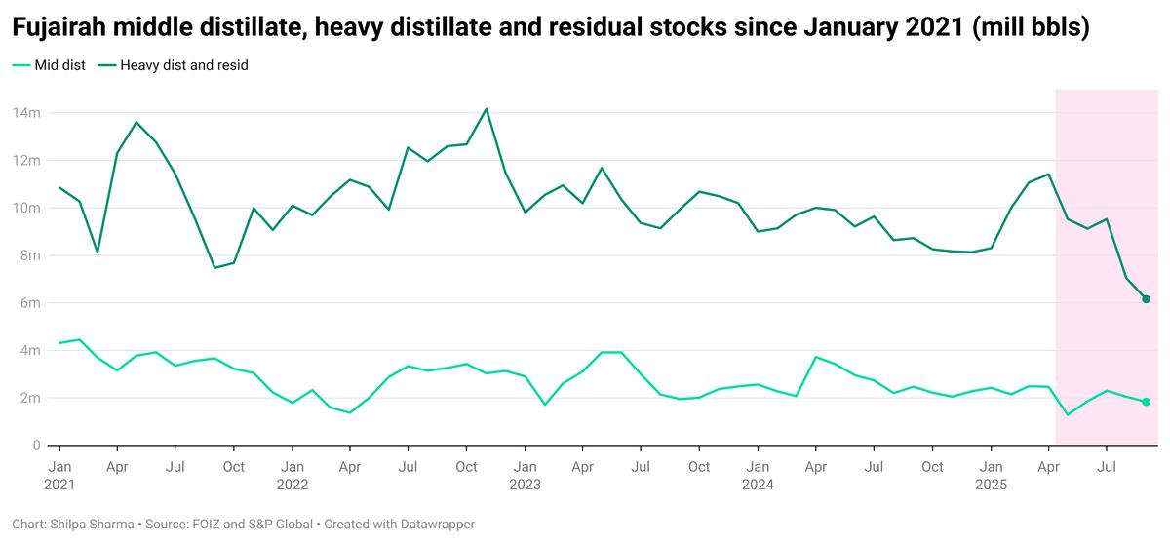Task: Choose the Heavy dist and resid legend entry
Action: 184,66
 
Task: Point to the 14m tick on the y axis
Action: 25,113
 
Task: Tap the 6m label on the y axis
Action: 29,303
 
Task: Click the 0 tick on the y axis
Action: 36,446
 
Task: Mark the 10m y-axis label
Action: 25,208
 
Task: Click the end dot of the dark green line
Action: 1147,299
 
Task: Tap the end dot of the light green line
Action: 1147,402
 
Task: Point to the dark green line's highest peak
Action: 487,108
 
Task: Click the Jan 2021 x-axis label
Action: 59,475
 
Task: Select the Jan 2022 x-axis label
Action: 292,475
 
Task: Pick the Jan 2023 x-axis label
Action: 525,475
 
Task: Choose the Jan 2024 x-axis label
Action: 758,475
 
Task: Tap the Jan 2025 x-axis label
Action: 991,475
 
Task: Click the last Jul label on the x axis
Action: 1107,467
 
